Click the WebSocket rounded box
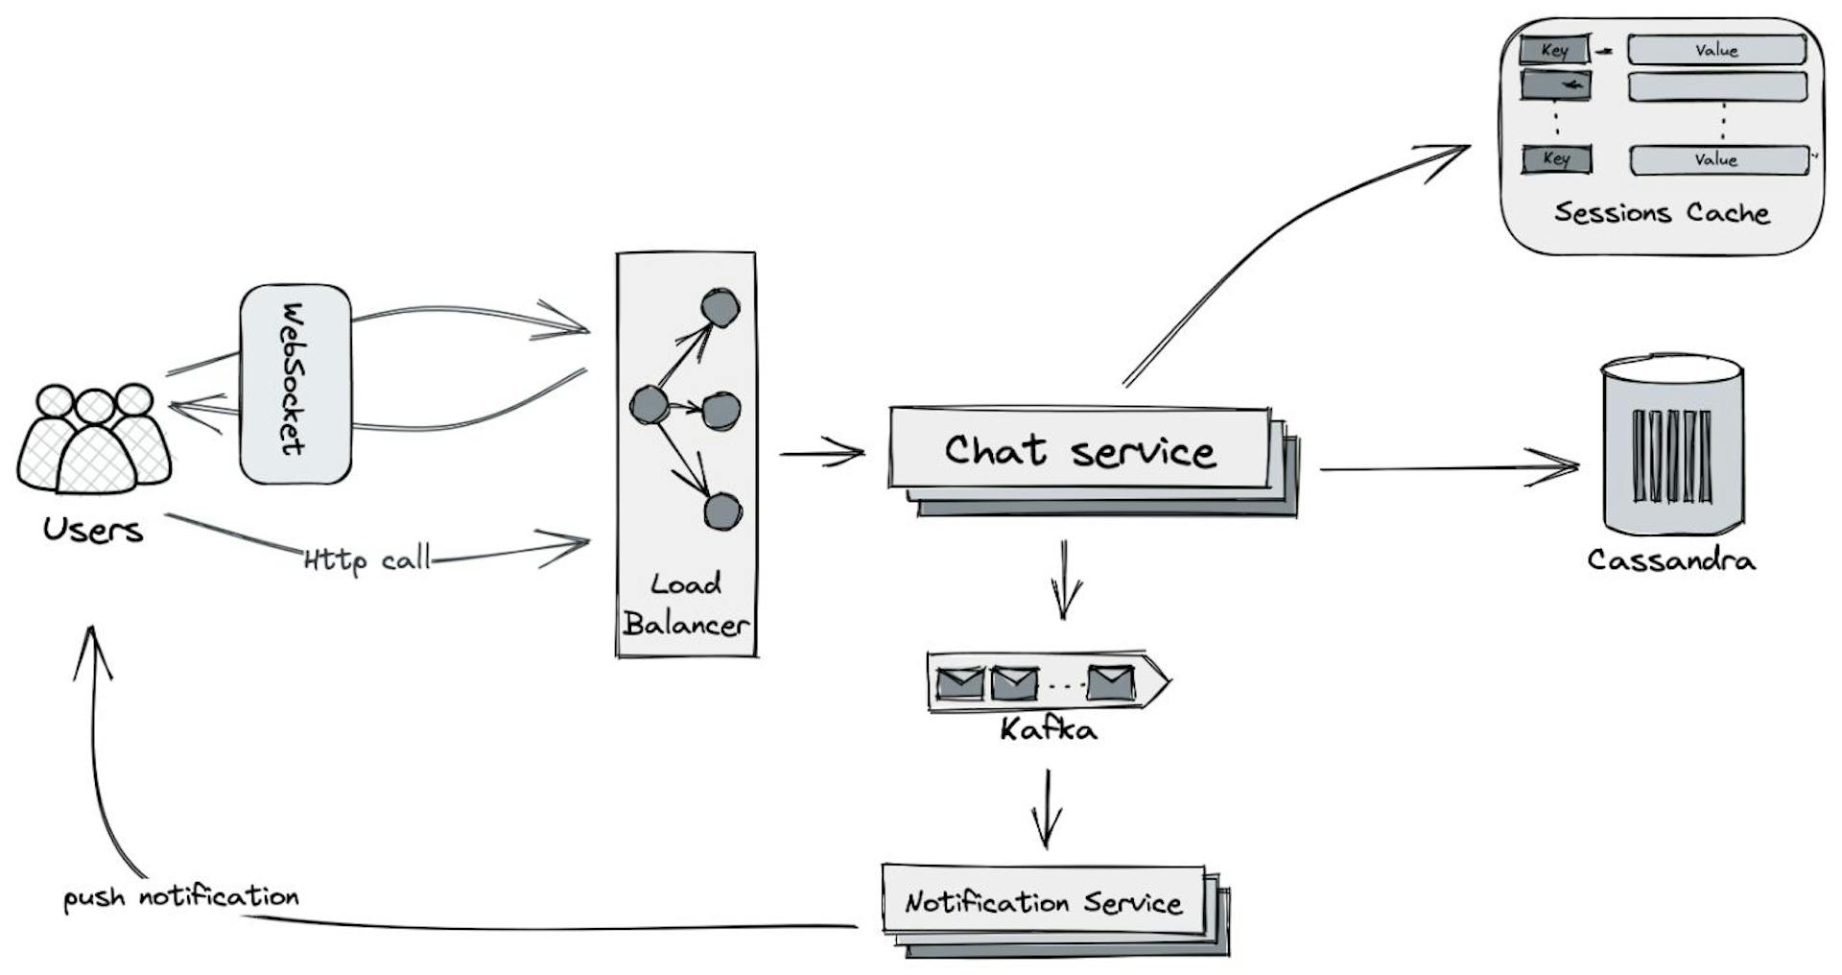pos(295,383)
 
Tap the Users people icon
pos(94,440)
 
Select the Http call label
pos(367,559)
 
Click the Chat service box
pos(1079,449)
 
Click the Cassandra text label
pos(1670,559)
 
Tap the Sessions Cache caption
pos(1661,212)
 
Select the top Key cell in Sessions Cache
pos(1554,50)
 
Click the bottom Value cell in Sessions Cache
pos(1717,159)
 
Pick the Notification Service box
pos(1043,902)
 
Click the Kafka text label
pos(1048,729)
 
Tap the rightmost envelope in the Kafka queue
pos(1111,682)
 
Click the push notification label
pos(180,897)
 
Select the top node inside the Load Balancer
pos(720,307)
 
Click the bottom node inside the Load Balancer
pos(722,511)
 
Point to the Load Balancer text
pos(685,605)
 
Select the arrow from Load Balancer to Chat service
pos(822,452)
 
